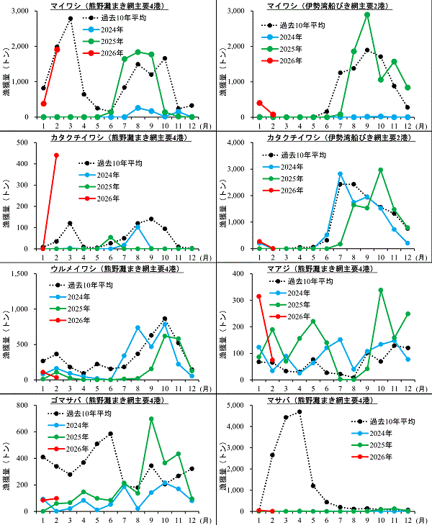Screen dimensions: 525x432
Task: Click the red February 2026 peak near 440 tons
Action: click(x=57, y=155)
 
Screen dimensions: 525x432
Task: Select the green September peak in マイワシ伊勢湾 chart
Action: click(x=367, y=14)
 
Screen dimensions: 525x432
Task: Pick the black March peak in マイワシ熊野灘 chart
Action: click(x=70, y=19)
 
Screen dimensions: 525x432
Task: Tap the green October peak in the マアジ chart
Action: click(x=380, y=291)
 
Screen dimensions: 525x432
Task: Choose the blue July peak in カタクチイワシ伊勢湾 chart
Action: click(x=340, y=174)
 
